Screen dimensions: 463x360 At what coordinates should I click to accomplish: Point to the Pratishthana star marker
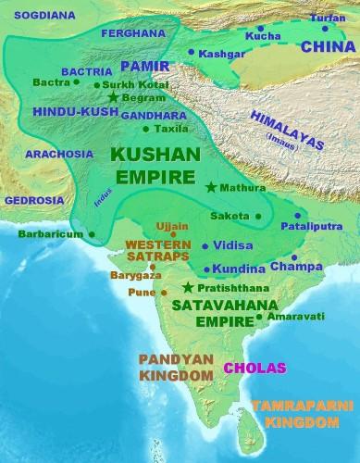[x=189, y=287]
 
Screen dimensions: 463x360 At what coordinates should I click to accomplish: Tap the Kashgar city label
[x=217, y=53]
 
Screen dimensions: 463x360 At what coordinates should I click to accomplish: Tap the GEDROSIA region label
[x=29, y=199]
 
